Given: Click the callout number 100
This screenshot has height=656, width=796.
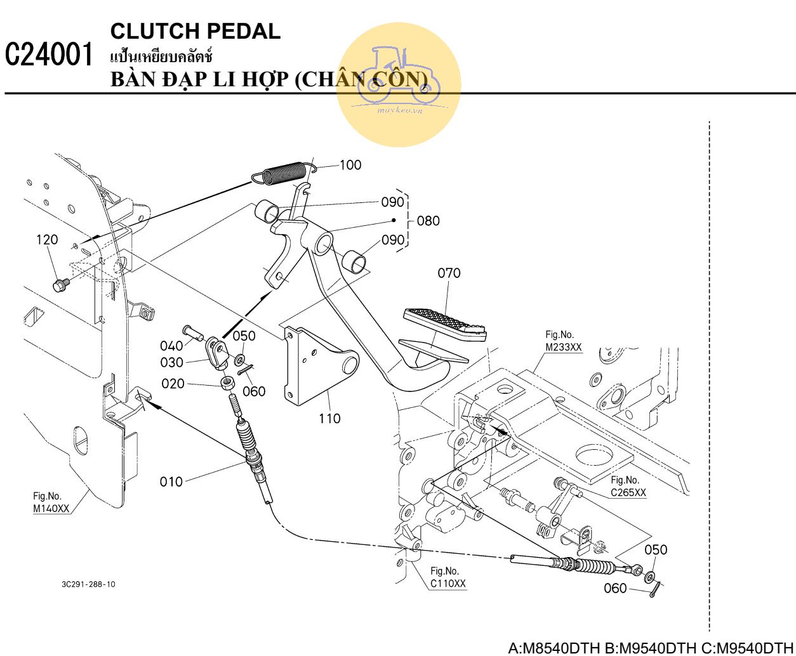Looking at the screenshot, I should pyautogui.click(x=350, y=165).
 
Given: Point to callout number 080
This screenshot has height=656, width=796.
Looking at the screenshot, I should pyautogui.click(x=428, y=221).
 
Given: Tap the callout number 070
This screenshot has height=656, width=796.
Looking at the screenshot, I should pyautogui.click(x=449, y=273).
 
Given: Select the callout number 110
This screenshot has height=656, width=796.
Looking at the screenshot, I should pyautogui.click(x=329, y=419).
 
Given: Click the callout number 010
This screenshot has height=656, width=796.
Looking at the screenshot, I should pyautogui.click(x=171, y=482).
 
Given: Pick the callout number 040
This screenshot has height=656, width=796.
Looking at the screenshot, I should pyautogui.click(x=171, y=346).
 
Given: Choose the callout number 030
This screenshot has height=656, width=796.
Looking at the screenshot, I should pyautogui.click(x=171, y=363).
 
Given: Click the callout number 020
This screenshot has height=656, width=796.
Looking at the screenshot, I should pyautogui.click(x=173, y=384).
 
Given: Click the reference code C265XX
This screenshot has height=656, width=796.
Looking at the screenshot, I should pyautogui.click(x=628, y=492).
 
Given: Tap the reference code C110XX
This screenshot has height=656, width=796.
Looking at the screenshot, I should pyautogui.click(x=448, y=584).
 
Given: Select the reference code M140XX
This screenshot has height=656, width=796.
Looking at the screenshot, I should pyautogui.click(x=51, y=508).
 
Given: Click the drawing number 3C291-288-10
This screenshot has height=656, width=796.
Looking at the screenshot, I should pyautogui.click(x=89, y=584).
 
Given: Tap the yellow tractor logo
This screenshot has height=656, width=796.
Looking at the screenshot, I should pyautogui.click(x=399, y=84).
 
